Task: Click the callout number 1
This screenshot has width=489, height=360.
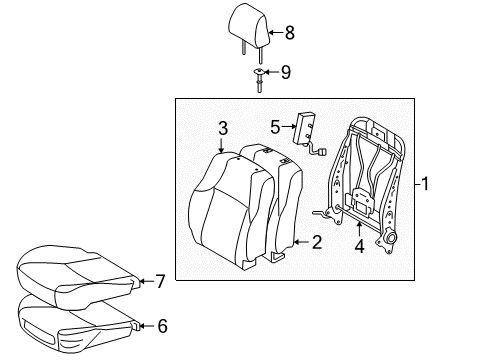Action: pyautogui.click(x=425, y=184)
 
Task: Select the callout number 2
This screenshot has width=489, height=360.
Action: pyautogui.click(x=317, y=242)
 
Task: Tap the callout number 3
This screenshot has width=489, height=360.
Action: pyautogui.click(x=224, y=127)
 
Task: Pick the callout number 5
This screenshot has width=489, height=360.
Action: pyautogui.click(x=275, y=126)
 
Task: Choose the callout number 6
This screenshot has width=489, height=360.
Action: pyautogui.click(x=163, y=325)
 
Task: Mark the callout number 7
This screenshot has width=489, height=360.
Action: pyautogui.click(x=160, y=282)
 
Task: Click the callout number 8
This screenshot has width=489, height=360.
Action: pyautogui.click(x=290, y=33)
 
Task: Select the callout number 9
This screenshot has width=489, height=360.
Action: pyautogui.click(x=285, y=72)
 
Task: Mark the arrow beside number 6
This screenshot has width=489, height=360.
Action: pyautogui.click(x=145, y=325)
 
